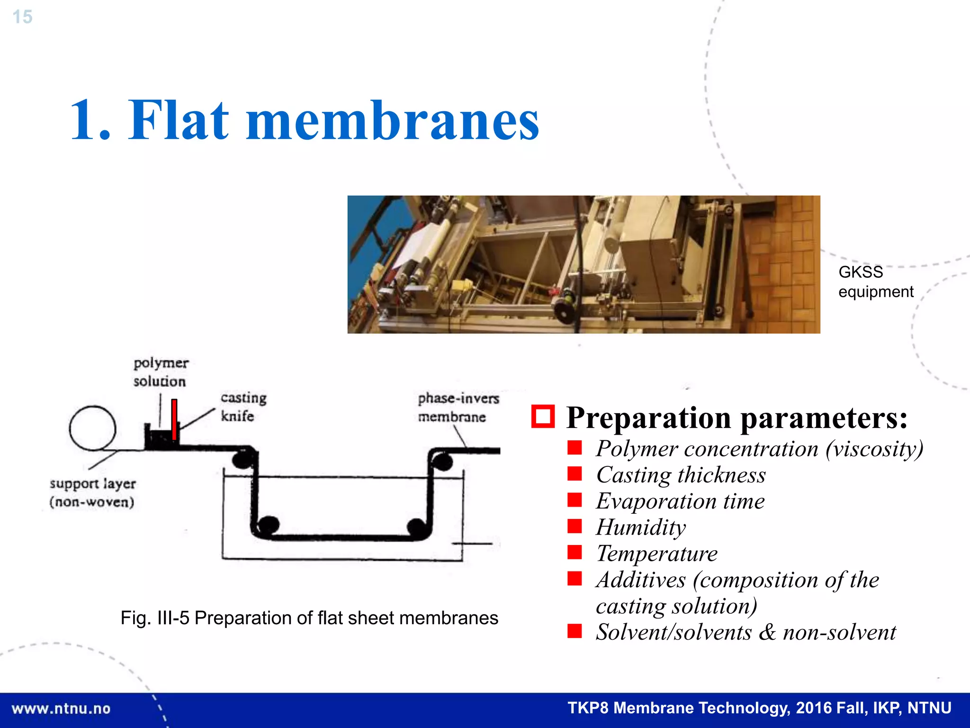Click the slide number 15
[x=22, y=17]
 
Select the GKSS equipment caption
[x=875, y=282]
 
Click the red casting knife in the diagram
[x=174, y=419]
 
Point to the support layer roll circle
[x=93, y=428]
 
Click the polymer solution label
[x=161, y=372]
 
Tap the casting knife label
[x=243, y=407]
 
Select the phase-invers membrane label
[x=458, y=407]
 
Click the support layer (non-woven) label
[x=93, y=492]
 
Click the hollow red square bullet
[x=543, y=417]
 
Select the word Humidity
[x=641, y=527]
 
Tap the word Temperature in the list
[x=657, y=553]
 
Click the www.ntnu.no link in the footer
[x=61, y=709]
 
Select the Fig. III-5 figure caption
[x=309, y=618]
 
